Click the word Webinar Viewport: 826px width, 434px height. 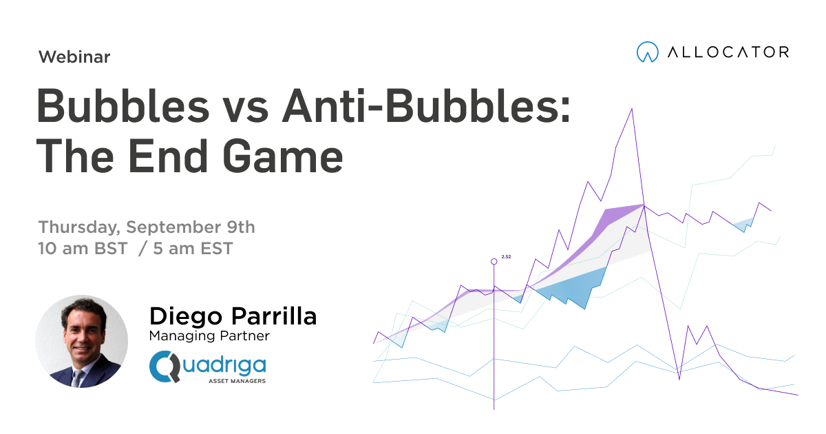click(74, 57)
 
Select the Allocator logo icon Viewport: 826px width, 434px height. click(647, 52)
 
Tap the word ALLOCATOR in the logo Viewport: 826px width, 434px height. click(728, 52)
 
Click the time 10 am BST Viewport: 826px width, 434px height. click(83, 249)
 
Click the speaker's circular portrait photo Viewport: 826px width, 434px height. click(81, 341)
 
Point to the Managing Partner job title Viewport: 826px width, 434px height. click(209, 336)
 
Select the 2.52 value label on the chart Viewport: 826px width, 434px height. click(506, 256)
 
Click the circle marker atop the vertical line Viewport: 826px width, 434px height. click(494, 262)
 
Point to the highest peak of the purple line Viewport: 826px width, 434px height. click(631, 109)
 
